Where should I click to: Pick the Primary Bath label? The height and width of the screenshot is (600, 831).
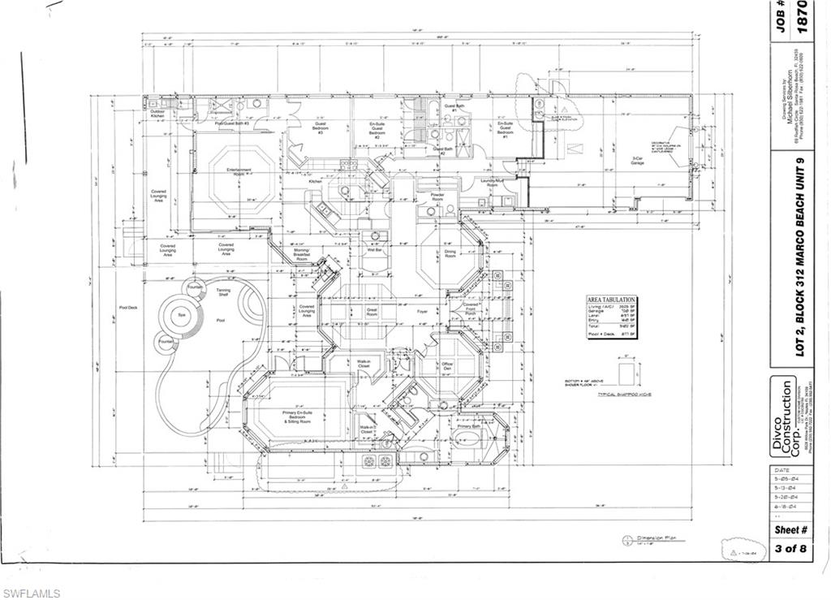point(470,425)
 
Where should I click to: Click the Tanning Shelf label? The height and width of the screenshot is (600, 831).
point(222,293)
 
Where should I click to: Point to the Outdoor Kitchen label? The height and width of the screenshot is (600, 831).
point(157,114)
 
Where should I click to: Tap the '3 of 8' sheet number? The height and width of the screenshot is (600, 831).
point(790,548)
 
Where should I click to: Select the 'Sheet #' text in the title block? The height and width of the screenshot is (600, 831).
point(790,529)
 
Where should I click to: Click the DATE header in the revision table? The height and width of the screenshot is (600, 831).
point(781,471)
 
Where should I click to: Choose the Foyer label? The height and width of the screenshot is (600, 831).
point(422,310)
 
